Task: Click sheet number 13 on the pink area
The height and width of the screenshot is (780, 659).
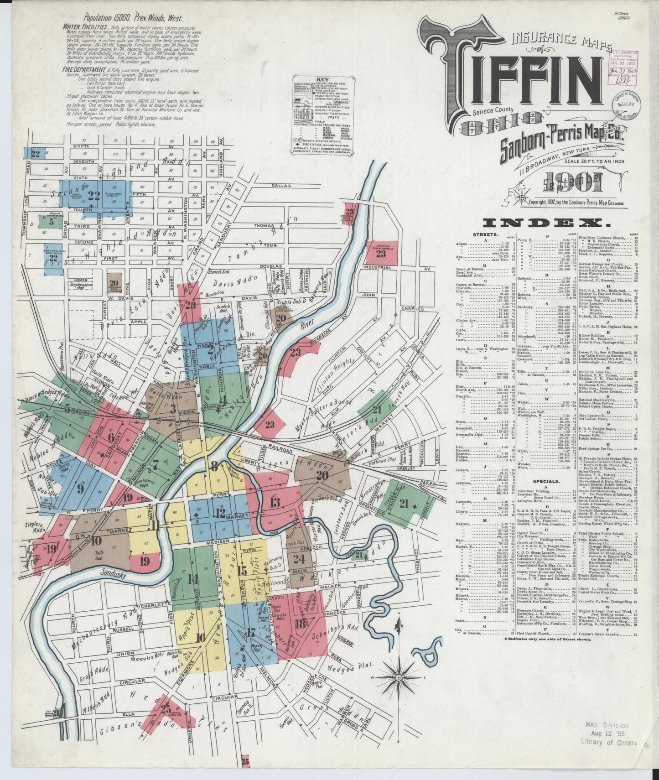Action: [x=275, y=503]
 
